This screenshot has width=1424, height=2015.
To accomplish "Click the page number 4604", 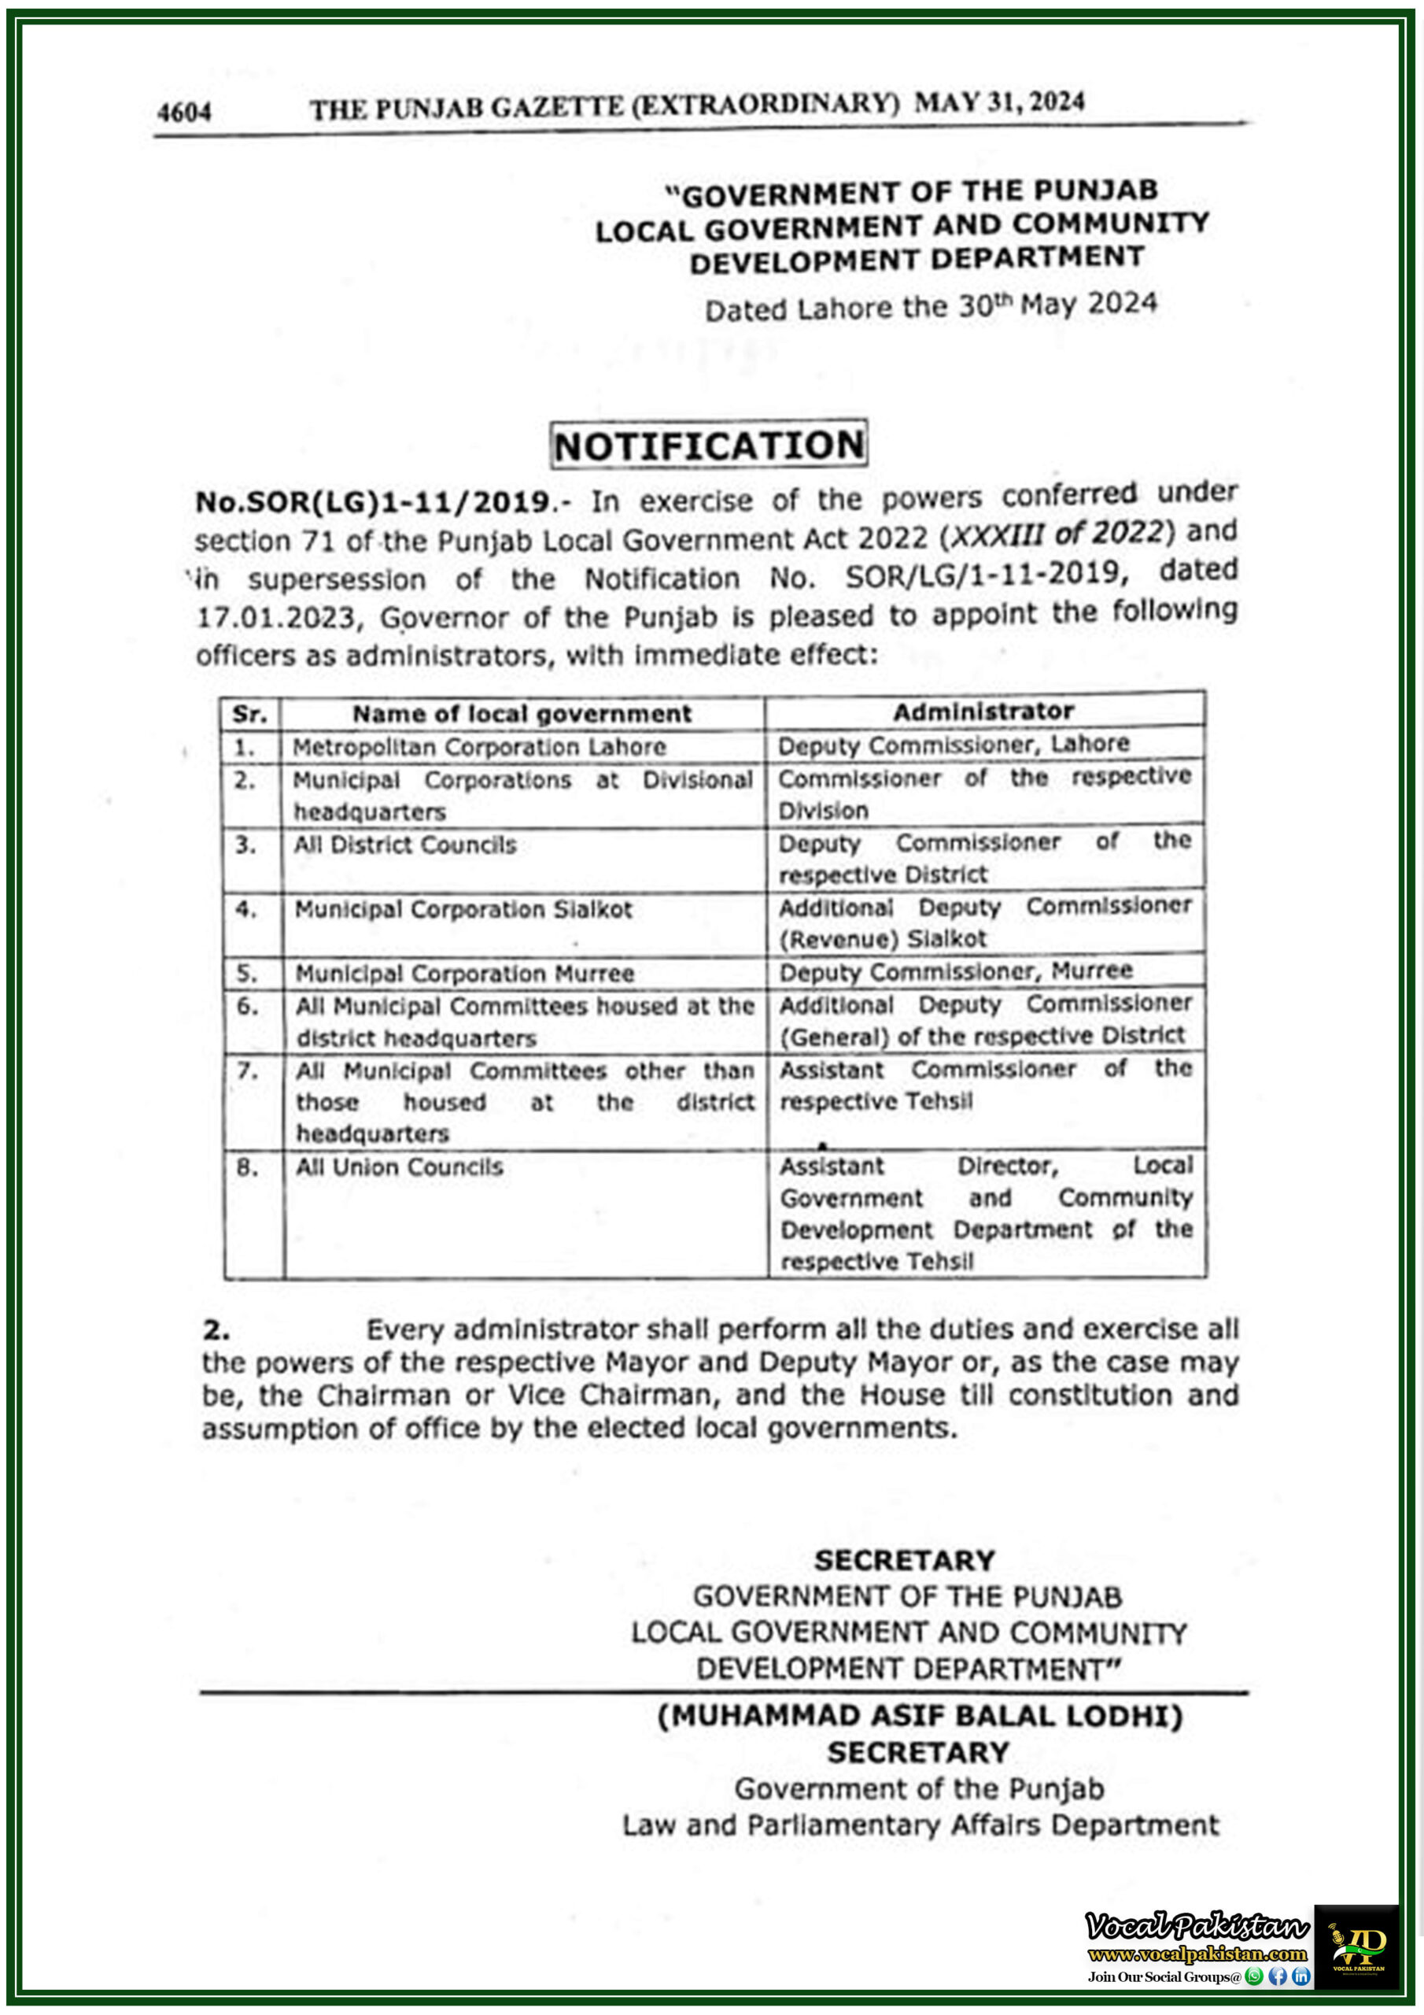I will (x=184, y=113).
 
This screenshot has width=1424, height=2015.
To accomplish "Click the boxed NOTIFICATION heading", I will (x=709, y=445).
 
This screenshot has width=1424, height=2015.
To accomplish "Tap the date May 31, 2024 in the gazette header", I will (x=998, y=102).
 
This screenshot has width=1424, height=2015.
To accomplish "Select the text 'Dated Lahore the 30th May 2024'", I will (x=931, y=306).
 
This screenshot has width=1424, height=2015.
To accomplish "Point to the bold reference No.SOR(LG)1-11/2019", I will (x=373, y=502).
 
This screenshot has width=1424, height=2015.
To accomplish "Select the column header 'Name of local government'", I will (x=522, y=713).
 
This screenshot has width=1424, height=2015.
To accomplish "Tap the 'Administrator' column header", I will (x=983, y=711).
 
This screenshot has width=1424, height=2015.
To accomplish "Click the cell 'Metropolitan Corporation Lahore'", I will (x=479, y=747).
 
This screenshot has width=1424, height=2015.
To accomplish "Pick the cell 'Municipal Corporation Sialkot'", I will (x=463, y=909).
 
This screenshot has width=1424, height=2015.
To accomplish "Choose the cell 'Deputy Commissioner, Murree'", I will (x=955, y=971).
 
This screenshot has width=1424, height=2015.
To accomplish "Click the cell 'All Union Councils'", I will (x=399, y=1167).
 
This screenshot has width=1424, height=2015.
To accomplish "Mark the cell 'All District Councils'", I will (x=405, y=845).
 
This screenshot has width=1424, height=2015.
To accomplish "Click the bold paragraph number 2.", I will (x=216, y=1330).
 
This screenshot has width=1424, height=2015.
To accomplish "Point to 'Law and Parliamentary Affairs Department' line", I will (x=920, y=1825).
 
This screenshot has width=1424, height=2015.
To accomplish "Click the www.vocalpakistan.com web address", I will (x=1197, y=1954).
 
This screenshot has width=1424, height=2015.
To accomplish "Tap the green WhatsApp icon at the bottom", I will (x=1255, y=1976).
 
